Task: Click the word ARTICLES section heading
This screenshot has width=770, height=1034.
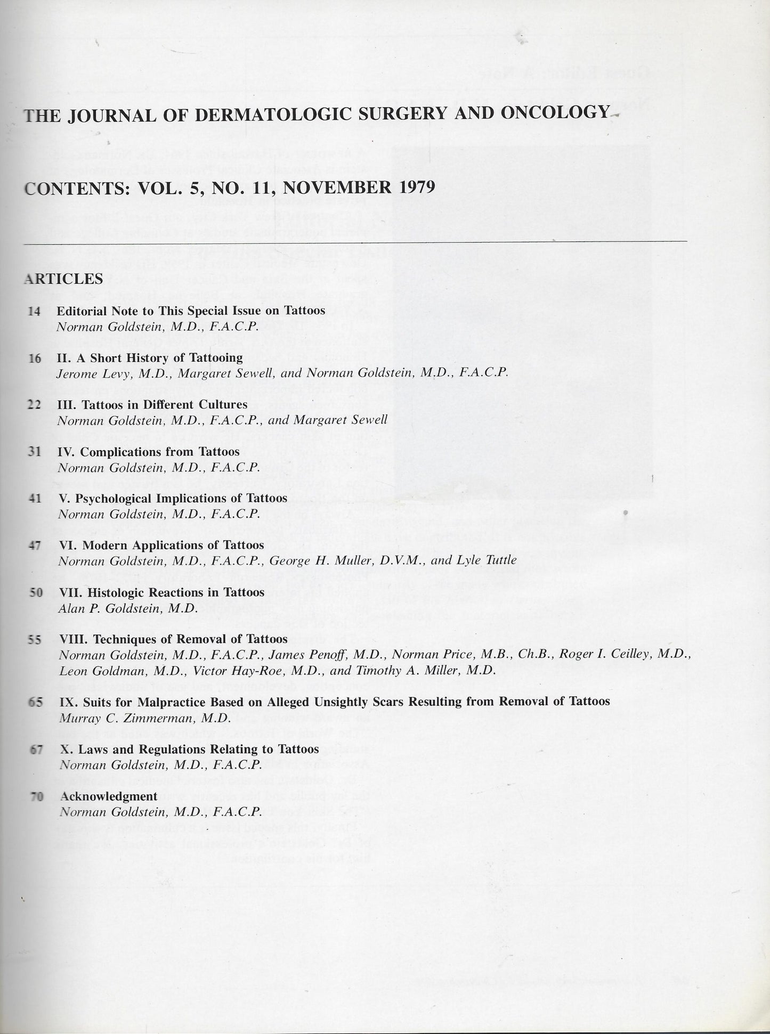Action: pyautogui.click(x=63, y=279)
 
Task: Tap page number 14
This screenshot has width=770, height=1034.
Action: pyautogui.click(x=34, y=311)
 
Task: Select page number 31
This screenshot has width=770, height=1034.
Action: pyautogui.click(x=34, y=452)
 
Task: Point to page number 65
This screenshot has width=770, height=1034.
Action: pyautogui.click(x=36, y=702)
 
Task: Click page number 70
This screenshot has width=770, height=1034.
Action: pyautogui.click(x=36, y=796)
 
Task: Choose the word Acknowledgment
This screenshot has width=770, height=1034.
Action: pyautogui.click(x=109, y=796)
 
